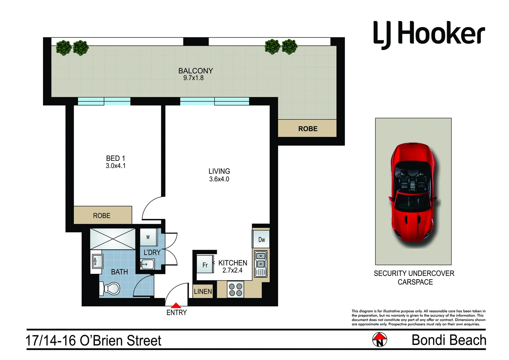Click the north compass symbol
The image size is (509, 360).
[x=379, y=340]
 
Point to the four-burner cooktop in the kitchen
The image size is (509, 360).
[x=235, y=289]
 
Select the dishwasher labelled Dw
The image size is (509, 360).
[x=261, y=240]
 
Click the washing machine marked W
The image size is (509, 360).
[x=148, y=237]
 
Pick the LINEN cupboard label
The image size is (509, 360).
[x=203, y=292]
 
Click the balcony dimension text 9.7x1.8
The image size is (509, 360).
[x=193, y=78]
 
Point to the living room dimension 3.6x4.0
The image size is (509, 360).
[x=219, y=179]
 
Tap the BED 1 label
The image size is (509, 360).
[x=115, y=158]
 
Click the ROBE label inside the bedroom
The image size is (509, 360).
[x=102, y=216]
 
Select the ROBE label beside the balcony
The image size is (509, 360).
[x=308, y=129]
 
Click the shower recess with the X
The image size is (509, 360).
[x=113, y=239]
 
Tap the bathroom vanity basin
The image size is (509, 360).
[x=97, y=261]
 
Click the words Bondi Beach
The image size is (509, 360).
[x=449, y=340]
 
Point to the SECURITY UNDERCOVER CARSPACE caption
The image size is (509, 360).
[x=414, y=278]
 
